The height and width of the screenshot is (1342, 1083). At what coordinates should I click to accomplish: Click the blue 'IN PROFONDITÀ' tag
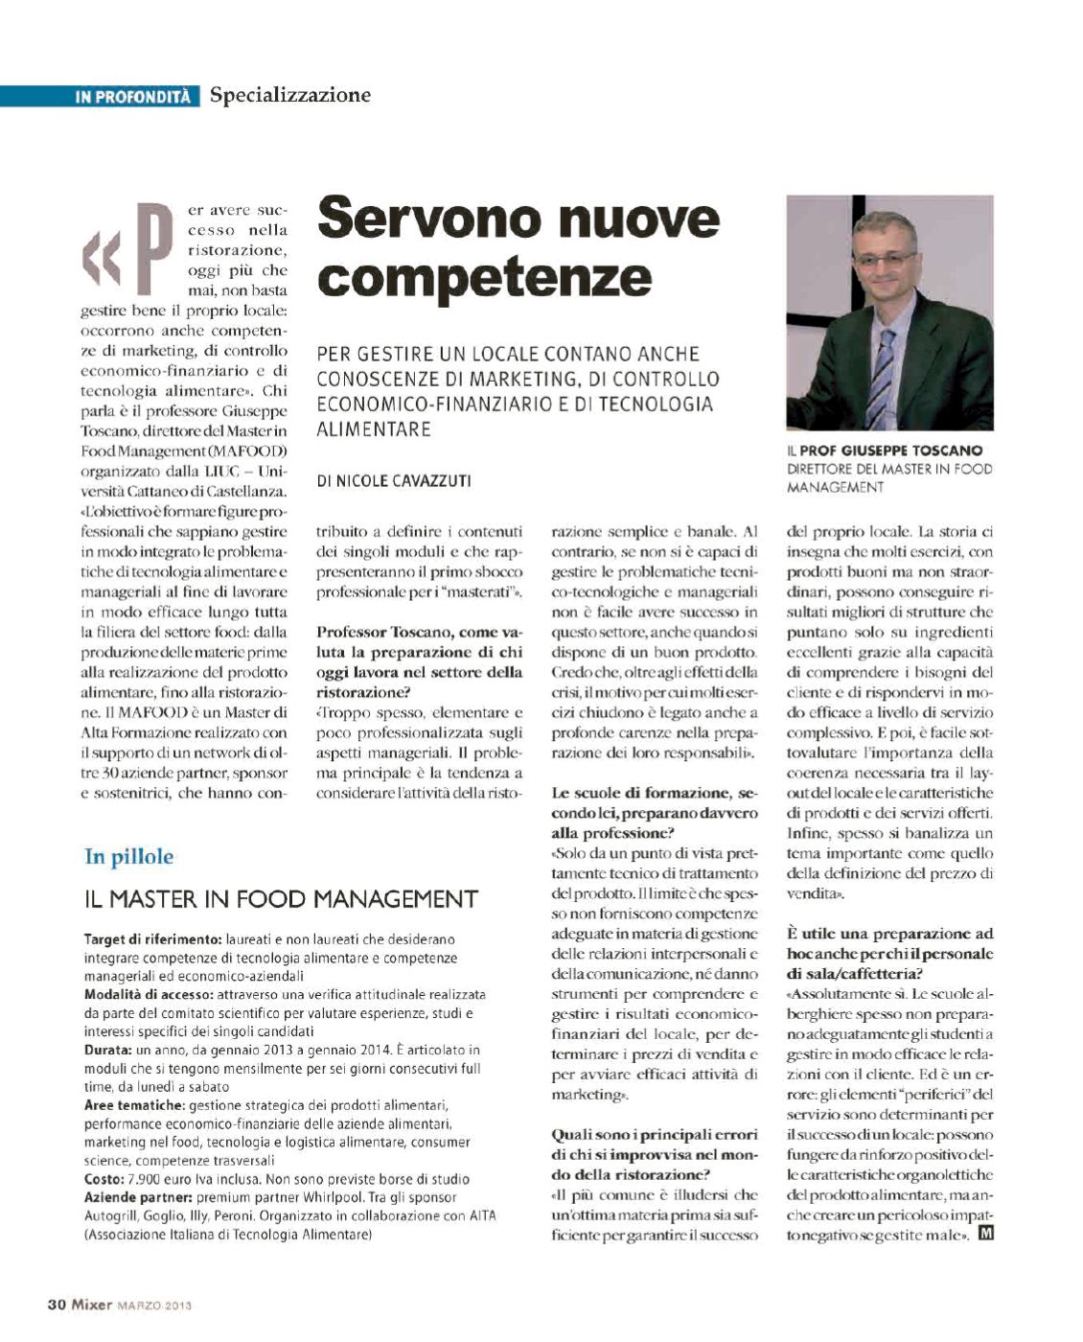pyautogui.click(x=133, y=97)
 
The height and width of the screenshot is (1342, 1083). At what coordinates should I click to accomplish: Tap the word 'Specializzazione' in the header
pyautogui.click(x=289, y=95)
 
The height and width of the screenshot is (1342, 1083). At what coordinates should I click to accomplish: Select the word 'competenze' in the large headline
pyautogui.click(x=484, y=276)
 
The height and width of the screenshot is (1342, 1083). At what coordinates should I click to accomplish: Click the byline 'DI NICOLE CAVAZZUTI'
pyautogui.click(x=394, y=481)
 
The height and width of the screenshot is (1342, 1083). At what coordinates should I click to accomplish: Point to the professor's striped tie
pyautogui.click(x=882, y=379)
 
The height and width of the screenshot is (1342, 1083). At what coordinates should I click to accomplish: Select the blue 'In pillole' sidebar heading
pyautogui.click(x=128, y=856)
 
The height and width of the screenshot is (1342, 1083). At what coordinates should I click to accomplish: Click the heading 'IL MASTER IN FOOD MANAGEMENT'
pyautogui.click(x=281, y=899)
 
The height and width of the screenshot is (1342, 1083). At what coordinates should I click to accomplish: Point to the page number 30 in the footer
pyautogui.click(x=57, y=1304)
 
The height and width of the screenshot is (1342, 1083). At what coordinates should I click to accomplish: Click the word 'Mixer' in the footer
pyautogui.click(x=92, y=1304)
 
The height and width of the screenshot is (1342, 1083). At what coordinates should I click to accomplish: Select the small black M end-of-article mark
pyautogui.click(x=984, y=1234)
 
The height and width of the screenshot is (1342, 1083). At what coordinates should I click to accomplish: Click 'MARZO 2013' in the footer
pyautogui.click(x=154, y=1305)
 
